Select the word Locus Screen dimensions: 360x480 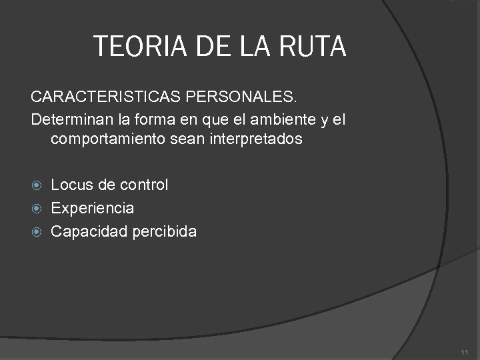point(70,185)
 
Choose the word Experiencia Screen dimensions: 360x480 point(92,208)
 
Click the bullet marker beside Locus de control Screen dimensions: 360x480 point(37,185)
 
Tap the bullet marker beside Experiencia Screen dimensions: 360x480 point(37,209)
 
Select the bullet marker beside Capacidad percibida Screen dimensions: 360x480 point(37,232)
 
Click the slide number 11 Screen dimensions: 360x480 point(464,352)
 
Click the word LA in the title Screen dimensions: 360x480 point(259,47)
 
